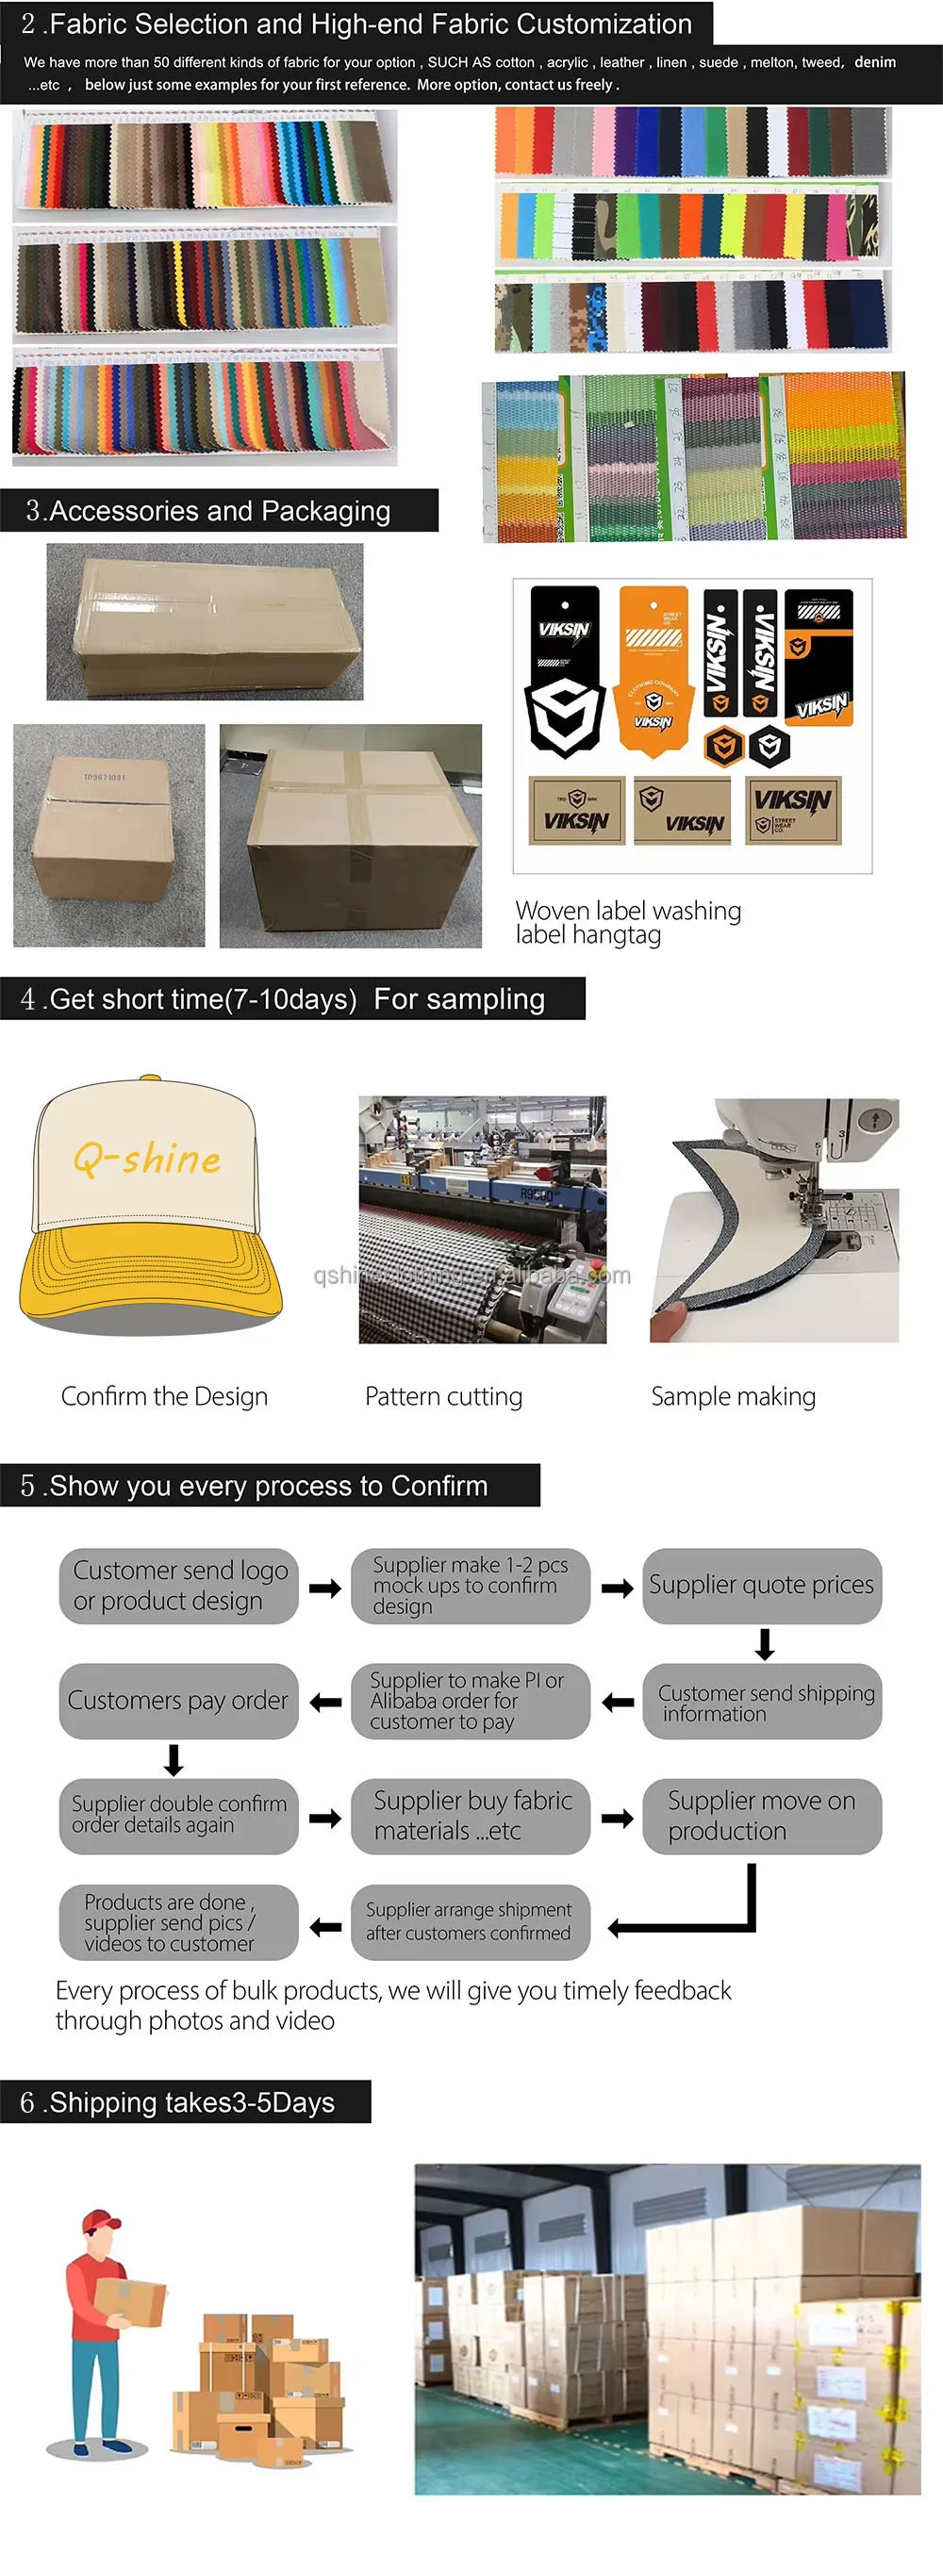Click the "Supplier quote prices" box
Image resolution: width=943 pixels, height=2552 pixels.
pos(761,1585)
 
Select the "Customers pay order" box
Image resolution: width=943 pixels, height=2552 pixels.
pos(178,1700)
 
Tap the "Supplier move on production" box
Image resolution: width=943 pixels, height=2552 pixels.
pos(761,1816)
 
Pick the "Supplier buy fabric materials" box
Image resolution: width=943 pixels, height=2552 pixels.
pos(471,1816)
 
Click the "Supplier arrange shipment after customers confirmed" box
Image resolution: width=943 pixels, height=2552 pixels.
pos(471,1921)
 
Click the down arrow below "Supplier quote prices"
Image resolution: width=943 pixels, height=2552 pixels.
pos(764,1643)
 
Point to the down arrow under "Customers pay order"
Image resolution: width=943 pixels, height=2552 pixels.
pos(174,1759)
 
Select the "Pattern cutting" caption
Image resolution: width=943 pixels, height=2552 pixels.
pos(444,1396)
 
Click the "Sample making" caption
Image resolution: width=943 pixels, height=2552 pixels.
pos(733,1396)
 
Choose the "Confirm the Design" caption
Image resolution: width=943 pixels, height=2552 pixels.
pos(164,1396)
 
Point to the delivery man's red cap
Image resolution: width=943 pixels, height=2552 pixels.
pos(102,2221)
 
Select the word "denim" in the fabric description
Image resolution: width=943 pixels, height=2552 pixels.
pos(875,61)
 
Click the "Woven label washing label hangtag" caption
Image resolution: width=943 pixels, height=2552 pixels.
pos(627,922)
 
